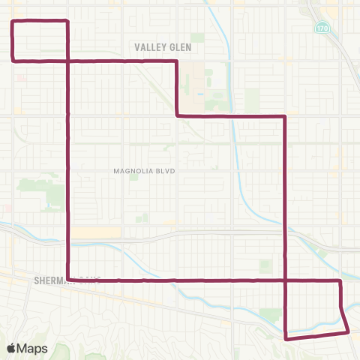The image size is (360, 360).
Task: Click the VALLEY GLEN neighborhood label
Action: coord(163,46)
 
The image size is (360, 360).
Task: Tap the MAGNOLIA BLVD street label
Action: coord(144,171)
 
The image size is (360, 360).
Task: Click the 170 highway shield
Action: coord(320,27)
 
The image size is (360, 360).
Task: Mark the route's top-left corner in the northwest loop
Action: coord(12,21)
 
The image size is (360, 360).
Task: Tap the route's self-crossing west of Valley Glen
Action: coord(68,59)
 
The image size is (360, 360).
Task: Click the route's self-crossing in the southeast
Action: coord(286,280)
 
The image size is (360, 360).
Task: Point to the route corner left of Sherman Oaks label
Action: coord(68,280)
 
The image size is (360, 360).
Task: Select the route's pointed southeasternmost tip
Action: coord(348,331)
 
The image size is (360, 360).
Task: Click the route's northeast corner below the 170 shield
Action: coord(286,116)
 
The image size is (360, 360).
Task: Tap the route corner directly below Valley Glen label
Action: coord(176,61)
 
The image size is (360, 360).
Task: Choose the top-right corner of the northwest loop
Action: coord(68,21)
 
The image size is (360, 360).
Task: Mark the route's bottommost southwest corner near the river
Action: coord(286,338)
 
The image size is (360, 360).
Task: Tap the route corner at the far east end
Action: coord(340,281)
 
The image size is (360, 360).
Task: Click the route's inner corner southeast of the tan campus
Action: coord(176,115)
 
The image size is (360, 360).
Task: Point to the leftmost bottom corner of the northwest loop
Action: coord(12,58)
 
